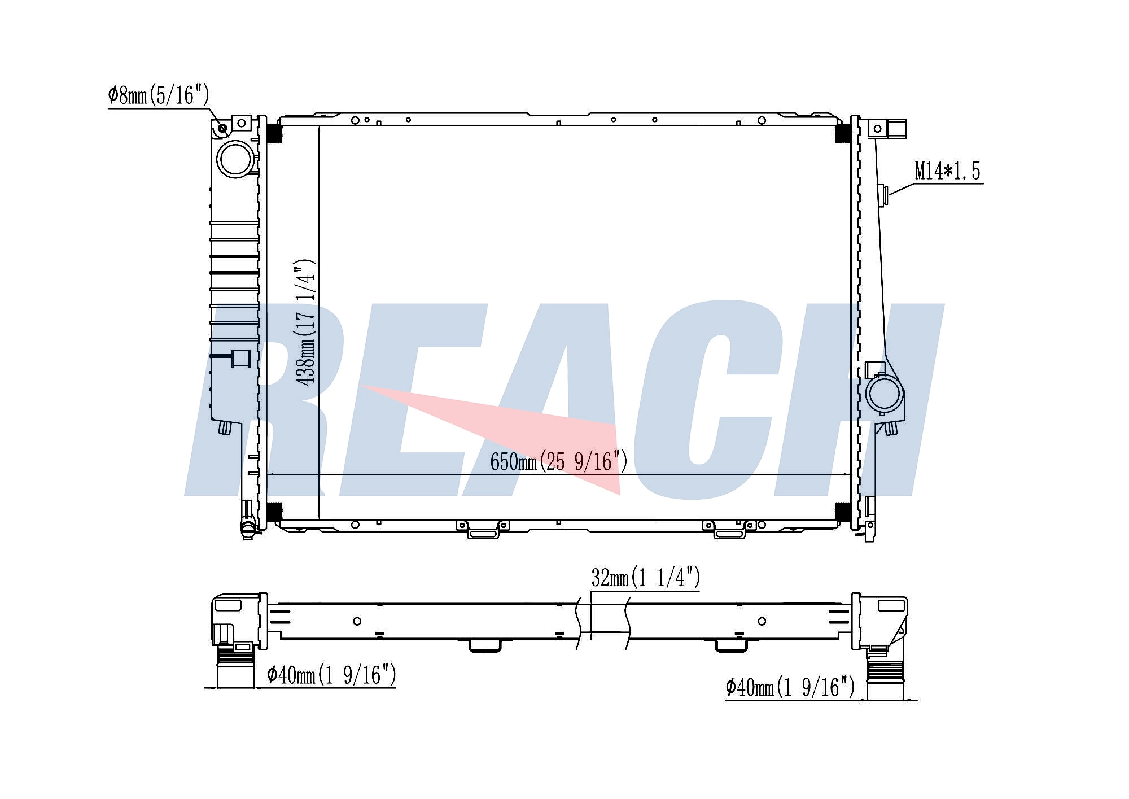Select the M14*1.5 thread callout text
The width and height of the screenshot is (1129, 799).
947,171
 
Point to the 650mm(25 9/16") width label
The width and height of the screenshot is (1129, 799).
559,461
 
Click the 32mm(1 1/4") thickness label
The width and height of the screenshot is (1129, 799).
646,578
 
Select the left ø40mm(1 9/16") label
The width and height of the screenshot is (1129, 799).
331,674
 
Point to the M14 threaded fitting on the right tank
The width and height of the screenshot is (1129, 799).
883,195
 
